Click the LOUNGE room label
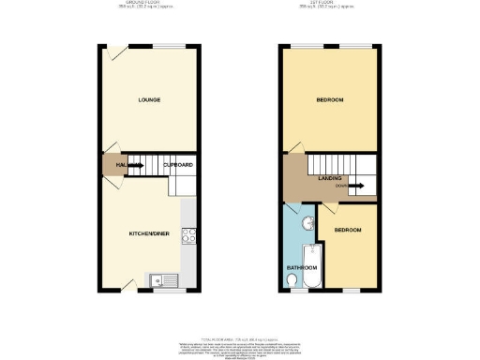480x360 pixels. tap(147, 98)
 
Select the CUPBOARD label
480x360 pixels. tap(178, 166)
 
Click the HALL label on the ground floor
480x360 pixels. tap(122, 166)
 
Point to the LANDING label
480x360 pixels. tap(330, 177)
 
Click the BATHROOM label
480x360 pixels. tap(300, 268)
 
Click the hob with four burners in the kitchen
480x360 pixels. tap(187, 235)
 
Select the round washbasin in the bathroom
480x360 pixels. tap(307, 222)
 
